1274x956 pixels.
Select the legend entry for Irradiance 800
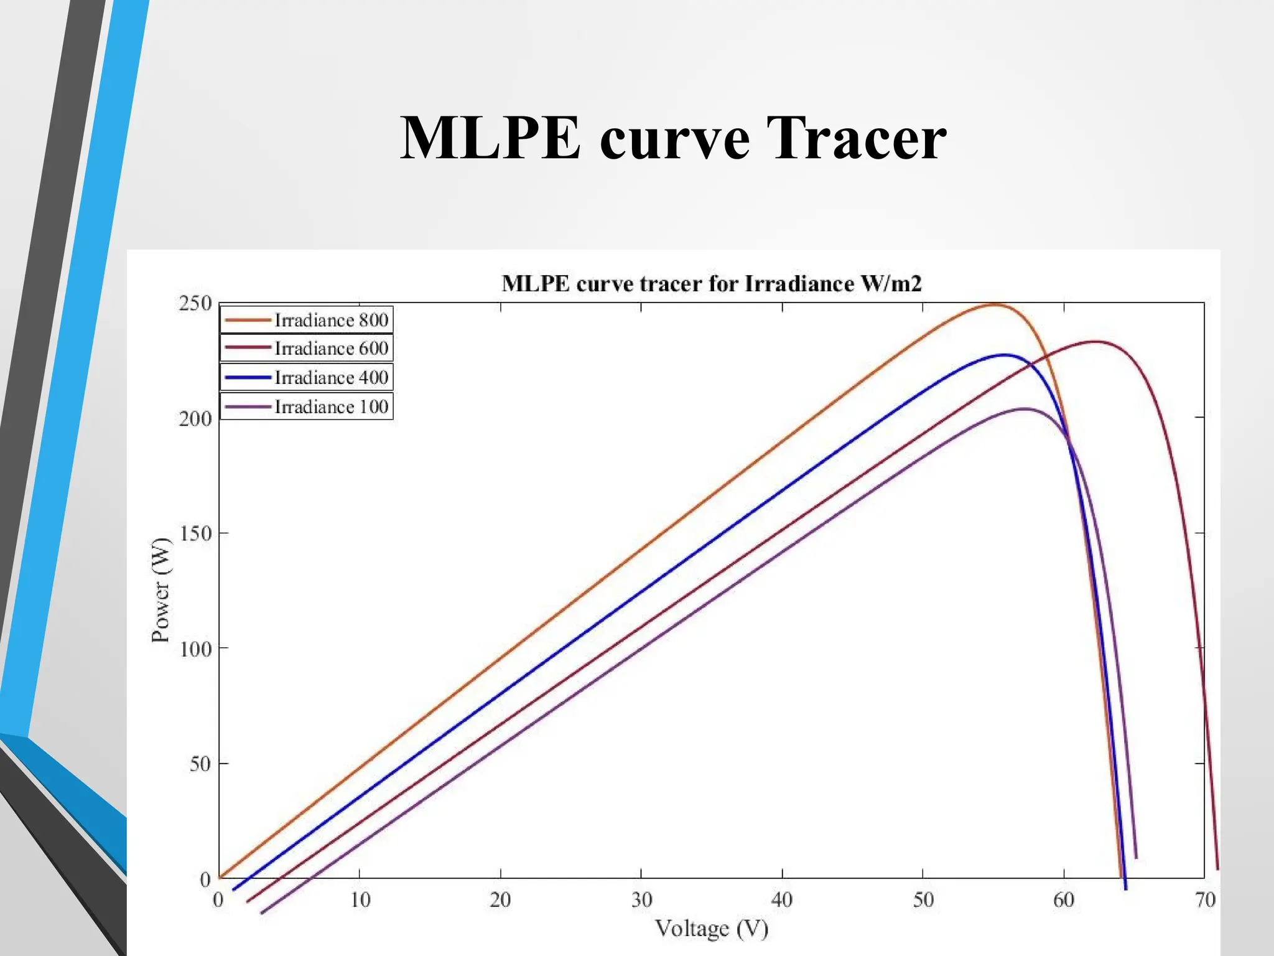click(307, 320)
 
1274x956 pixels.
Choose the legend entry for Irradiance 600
click(307, 349)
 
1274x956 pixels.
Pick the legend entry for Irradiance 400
click(307, 377)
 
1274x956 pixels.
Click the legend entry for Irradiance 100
click(307, 406)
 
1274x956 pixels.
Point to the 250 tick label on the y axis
click(195, 304)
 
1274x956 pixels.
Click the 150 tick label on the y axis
click(195, 533)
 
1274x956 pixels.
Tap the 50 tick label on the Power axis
click(200, 764)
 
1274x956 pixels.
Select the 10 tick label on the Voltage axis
click(360, 900)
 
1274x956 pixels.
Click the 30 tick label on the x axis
click(641, 900)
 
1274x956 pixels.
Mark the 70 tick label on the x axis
click(1205, 900)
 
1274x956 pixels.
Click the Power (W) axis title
click(160, 589)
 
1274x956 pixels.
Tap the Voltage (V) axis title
click(712, 929)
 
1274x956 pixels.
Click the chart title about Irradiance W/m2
click(712, 284)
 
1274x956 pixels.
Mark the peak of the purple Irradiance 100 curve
click(1024, 408)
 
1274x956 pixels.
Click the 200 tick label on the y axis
click(195, 419)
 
